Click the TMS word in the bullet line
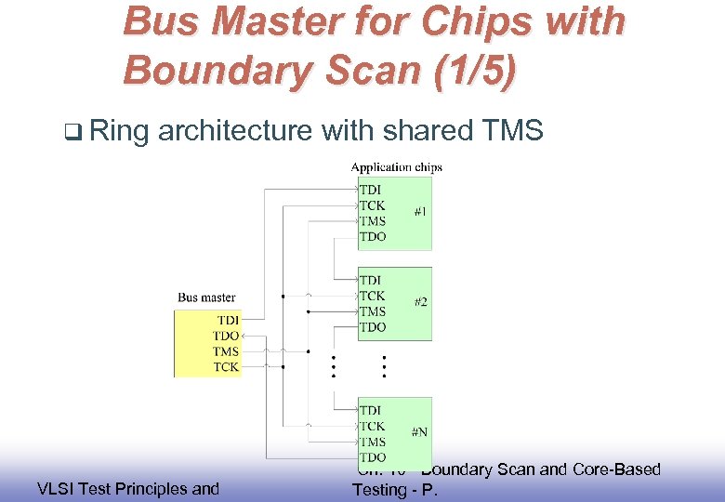(513, 131)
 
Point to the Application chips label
(396, 167)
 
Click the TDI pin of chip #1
(370, 190)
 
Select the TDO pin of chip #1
(372, 237)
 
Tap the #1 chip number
(421, 212)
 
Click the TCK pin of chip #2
(372, 296)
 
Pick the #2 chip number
(421, 303)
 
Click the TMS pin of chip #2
(372, 311)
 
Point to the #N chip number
(421, 432)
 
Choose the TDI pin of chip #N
(370, 410)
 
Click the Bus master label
(206, 297)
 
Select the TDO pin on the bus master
(226, 336)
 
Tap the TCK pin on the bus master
(226, 367)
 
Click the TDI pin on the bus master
(227, 320)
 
